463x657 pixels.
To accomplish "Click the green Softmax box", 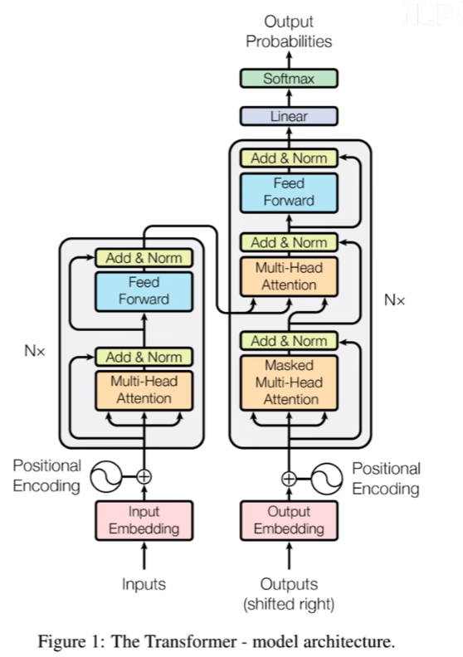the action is coord(289,78).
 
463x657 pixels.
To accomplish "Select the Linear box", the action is coord(289,116).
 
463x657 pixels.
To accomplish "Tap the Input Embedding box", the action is coord(144,520).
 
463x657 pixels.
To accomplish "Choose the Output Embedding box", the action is coord(289,520).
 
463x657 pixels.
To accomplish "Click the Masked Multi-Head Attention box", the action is coord(289,382).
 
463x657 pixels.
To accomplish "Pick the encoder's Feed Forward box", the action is coord(144,291).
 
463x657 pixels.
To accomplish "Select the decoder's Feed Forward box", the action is coord(289,192).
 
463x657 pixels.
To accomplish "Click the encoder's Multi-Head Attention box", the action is coord(144,391).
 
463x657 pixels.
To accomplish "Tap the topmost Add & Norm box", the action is coord(289,158).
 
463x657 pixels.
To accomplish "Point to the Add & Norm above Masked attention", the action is coord(289,341).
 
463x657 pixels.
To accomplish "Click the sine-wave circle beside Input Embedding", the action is coord(106,476).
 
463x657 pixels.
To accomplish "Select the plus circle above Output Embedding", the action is coord(289,478).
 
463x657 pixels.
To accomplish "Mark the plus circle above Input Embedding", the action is coord(144,476).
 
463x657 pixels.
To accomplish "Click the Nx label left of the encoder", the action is coord(34,350).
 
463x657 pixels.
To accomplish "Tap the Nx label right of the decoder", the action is coord(394,299).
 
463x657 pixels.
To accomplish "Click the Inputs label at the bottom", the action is coord(144,584).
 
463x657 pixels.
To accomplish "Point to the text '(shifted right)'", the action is coord(289,604).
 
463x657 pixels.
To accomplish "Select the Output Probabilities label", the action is coord(289,32).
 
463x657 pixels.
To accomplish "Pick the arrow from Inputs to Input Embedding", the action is coord(144,556).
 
